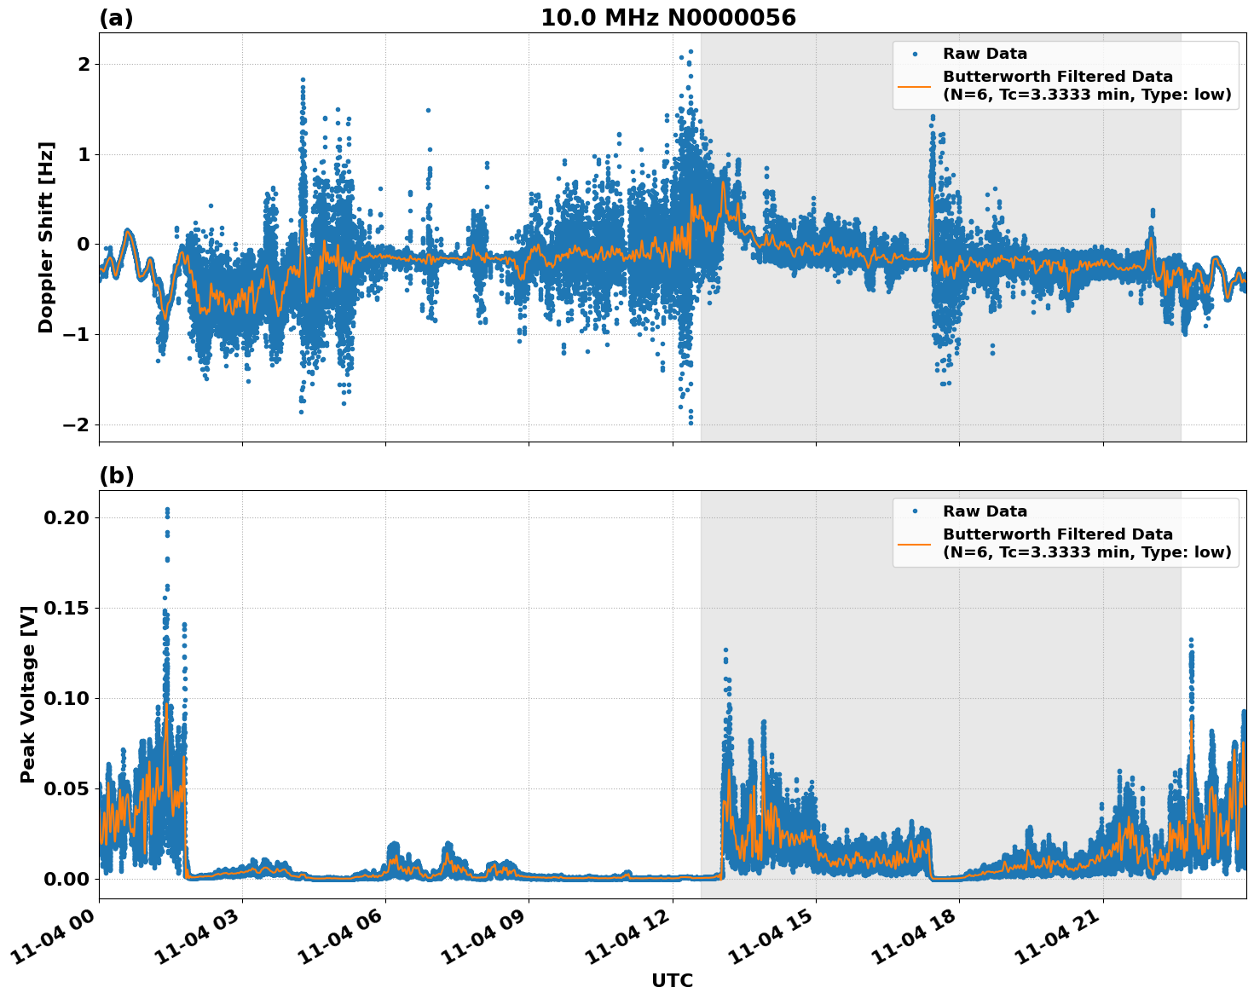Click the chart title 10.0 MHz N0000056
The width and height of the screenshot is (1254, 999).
pos(667,18)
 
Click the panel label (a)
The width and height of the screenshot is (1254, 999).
pos(116,18)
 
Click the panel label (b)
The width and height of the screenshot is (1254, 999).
pos(116,476)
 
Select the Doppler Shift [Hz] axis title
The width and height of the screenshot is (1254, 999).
pos(46,237)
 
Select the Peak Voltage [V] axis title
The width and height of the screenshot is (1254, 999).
pos(28,695)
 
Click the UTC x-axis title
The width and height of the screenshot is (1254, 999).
pos(672,980)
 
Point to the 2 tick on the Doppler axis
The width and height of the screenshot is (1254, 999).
pos(84,65)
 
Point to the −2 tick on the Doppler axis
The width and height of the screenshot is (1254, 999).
pos(77,424)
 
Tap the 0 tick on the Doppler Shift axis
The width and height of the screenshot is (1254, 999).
pos(84,245)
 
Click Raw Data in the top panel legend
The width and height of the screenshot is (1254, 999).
pos(985,54)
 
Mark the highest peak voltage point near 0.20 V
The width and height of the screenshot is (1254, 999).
pos(167,510)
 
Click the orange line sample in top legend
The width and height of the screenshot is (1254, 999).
pos(915,85)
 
